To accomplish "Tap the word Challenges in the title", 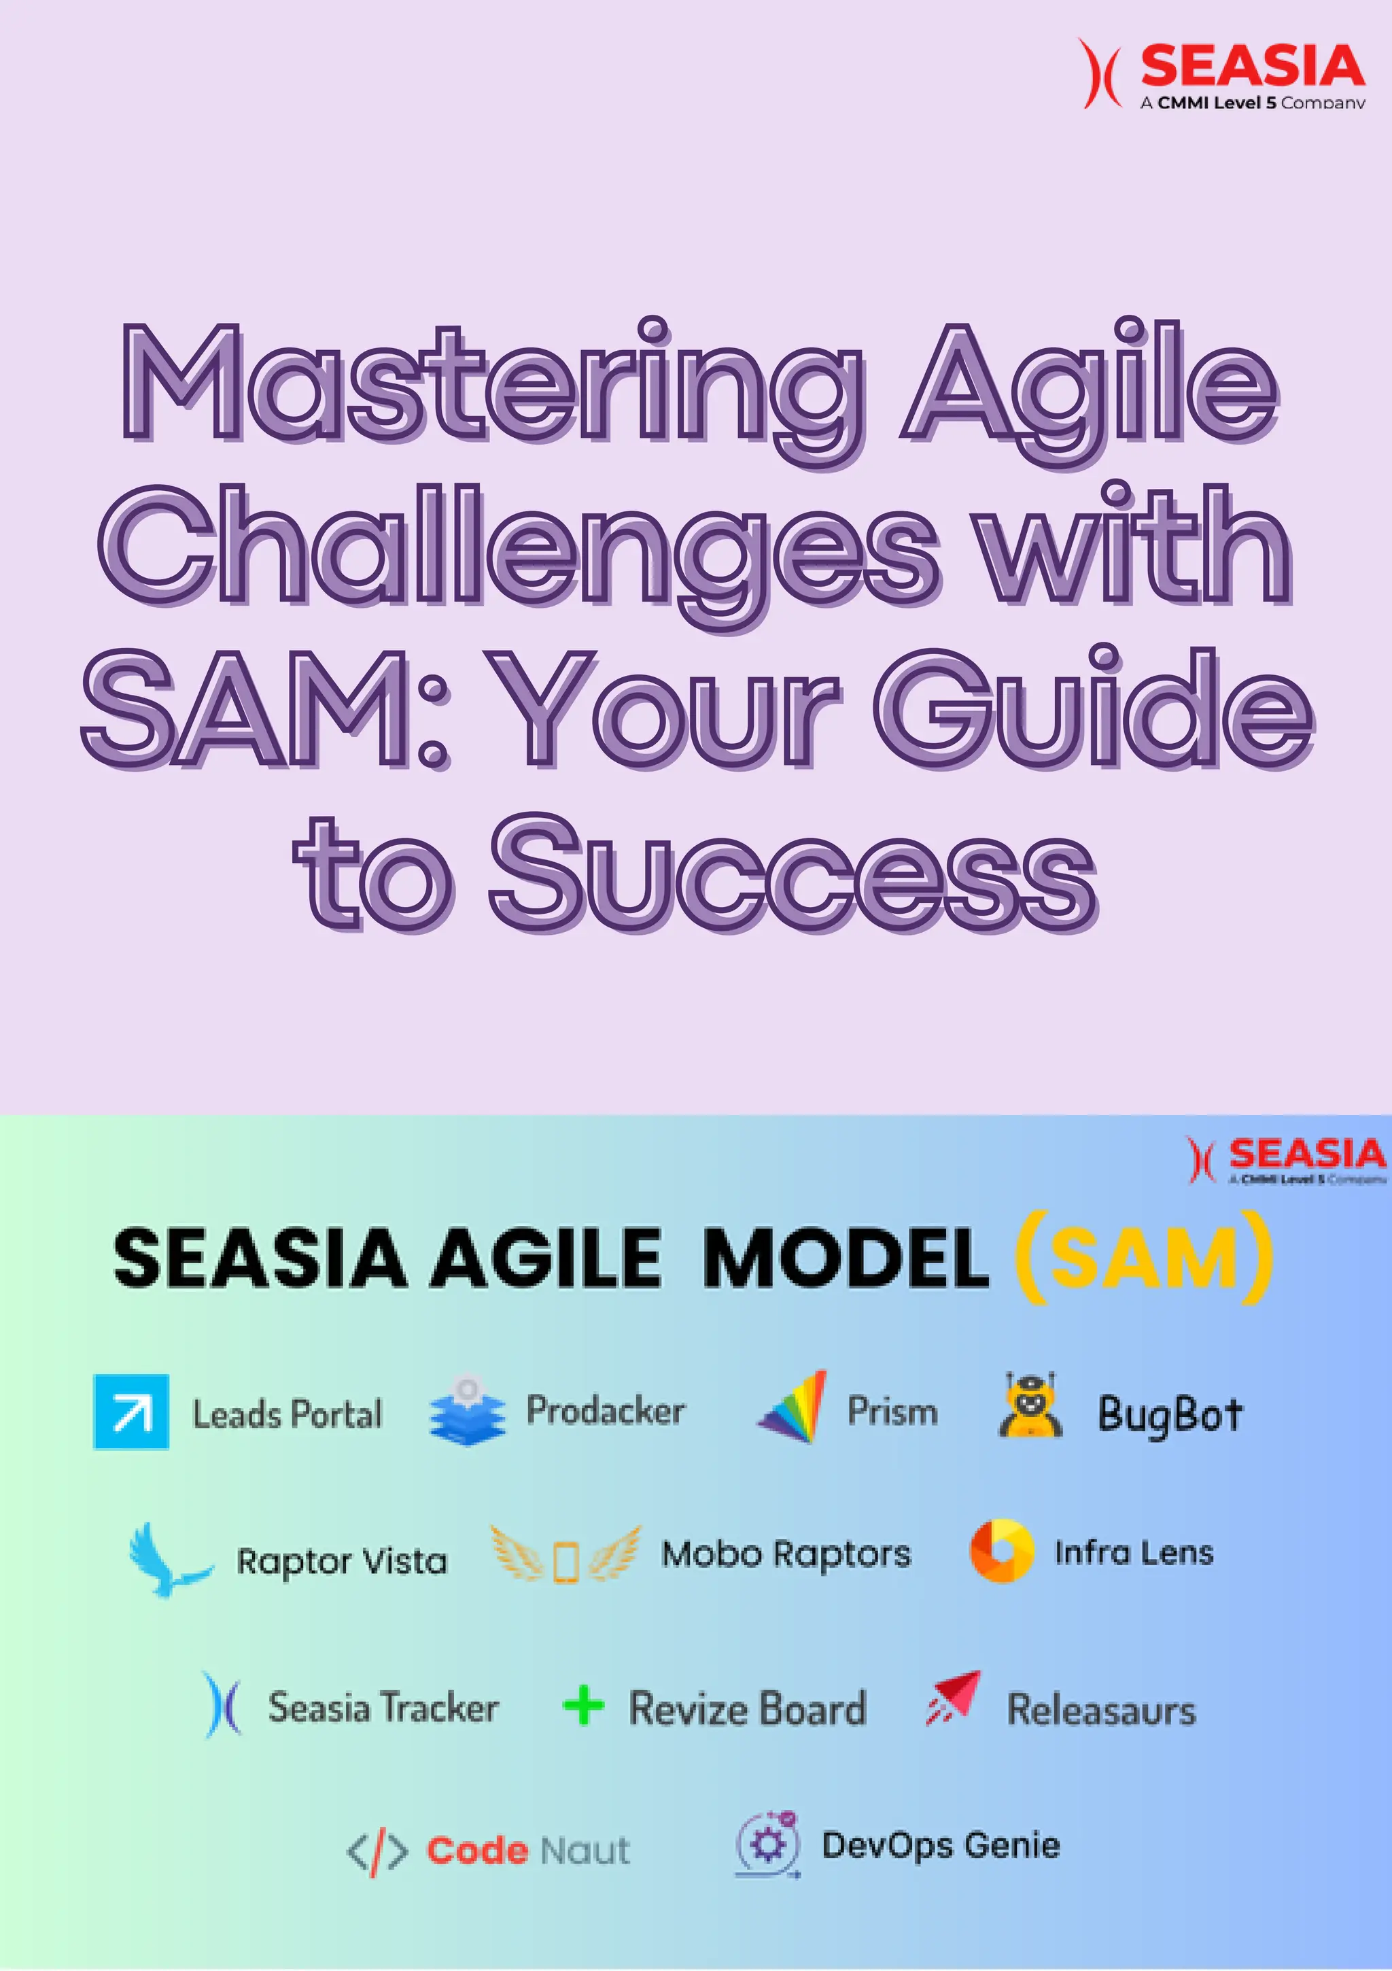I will (515, 545).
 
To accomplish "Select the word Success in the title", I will (794, 876).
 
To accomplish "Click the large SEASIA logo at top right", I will (1223, 73).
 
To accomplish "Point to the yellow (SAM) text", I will (1144, 1258).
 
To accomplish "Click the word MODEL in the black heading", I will (846, 1259).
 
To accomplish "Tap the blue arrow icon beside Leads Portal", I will (130, 1412).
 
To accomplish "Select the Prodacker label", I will (605, 1411).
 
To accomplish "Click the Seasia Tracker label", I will (383, 1707).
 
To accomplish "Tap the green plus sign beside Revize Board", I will (584, 1705).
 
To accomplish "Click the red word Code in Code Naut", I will (477, 1851).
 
